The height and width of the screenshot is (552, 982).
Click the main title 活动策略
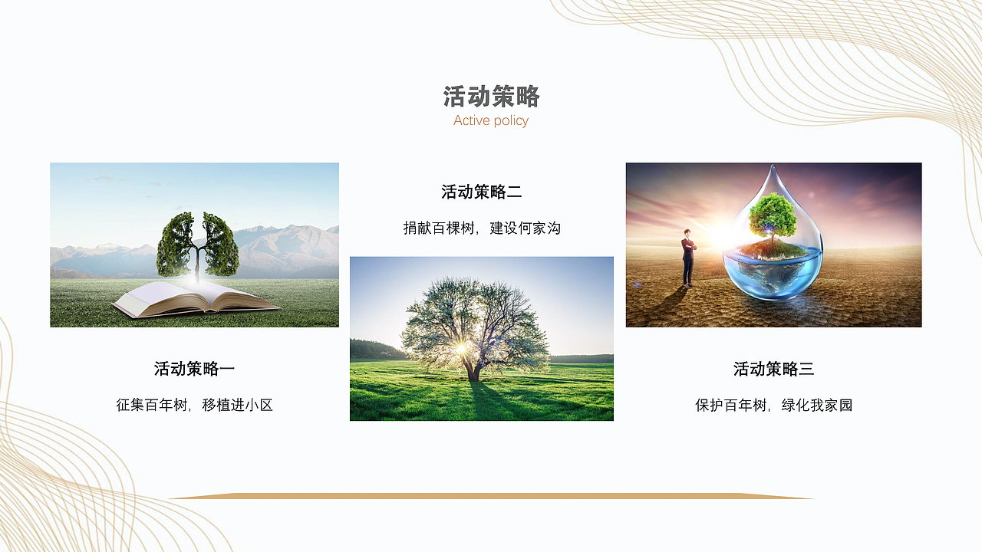491,97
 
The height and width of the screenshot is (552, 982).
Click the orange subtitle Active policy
491,120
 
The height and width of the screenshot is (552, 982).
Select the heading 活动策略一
194,369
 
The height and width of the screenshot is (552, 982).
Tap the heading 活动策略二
482,192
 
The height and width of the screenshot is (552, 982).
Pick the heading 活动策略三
773,369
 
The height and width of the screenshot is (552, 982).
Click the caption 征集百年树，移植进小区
194,405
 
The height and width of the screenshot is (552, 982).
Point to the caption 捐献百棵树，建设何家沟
482,228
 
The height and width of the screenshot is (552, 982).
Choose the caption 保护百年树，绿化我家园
773,405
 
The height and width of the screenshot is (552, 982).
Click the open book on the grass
196,298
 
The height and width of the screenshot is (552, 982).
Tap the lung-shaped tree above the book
197,244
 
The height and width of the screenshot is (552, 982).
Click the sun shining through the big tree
462,347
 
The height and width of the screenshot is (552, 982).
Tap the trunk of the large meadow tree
475,372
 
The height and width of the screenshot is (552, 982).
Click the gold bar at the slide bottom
491,496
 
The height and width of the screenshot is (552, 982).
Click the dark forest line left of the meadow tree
376,350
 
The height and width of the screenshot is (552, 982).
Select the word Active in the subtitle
471,120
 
